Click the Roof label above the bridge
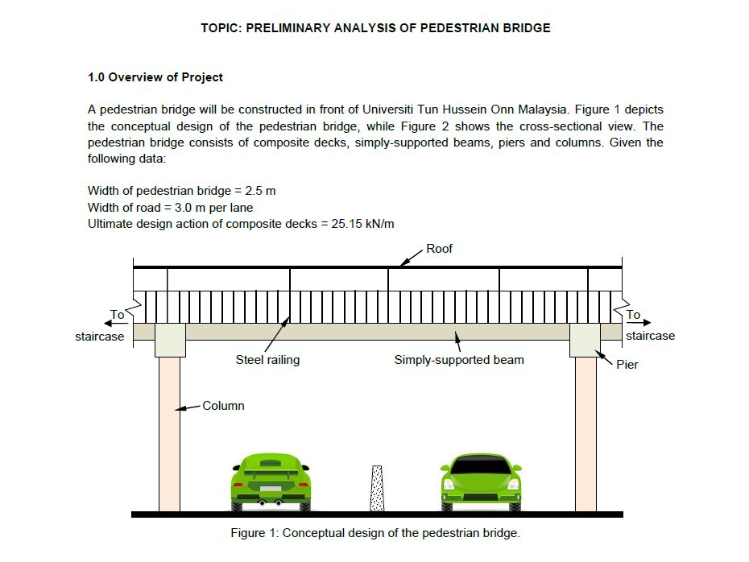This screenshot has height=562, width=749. (439, 249)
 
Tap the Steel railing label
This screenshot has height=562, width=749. (267, 360)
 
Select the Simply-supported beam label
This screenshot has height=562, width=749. (458, 360)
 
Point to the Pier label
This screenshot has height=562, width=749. (627, 364)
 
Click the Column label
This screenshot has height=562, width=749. (223, 406)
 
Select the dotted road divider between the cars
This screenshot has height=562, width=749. (375, 489)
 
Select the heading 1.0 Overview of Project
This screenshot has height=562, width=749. (155, 77)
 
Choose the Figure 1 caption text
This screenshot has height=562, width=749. (375, 533)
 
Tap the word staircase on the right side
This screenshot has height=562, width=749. (650, 336)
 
